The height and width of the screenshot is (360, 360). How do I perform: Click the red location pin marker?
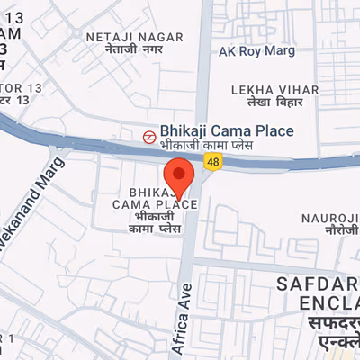pyautogui.click(x=179, y=175)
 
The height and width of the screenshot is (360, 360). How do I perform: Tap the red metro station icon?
pyautogui.click(x=148, y=136)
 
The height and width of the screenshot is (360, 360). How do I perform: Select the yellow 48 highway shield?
pyautogui.click(x=212, y=161)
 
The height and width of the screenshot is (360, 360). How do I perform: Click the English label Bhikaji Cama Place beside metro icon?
pyautogui.click(x=226, y=130)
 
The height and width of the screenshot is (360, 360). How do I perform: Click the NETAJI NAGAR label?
pyautogui.click(x=134, y=37)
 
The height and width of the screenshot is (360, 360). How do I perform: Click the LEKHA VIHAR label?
pyautogui.click(x=274, y=90)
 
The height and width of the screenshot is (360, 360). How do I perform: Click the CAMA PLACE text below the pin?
pyautogui.click(x=154, y=205)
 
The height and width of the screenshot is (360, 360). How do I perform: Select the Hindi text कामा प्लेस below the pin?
pyautogui.click(x=161, y=230)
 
